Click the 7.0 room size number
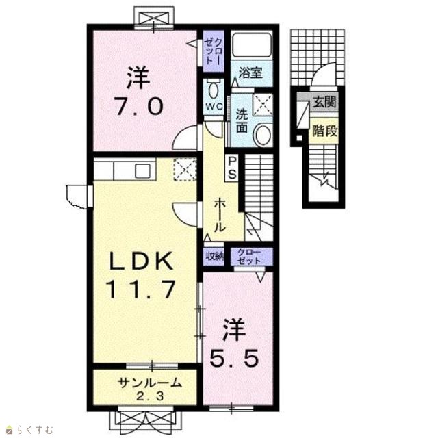[x=138, y=107]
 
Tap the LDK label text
[x=140, y=261]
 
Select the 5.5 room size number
[x=234, y=359]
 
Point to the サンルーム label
[x=150, y=383]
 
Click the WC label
[x=214, y=107]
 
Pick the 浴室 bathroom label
[x=250, y=73]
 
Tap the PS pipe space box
[x=232, y=168]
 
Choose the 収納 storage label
[x=215, y=256]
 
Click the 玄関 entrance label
[x=324, y=101]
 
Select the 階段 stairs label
[x=324, y=131]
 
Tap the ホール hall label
[x=220, y=214]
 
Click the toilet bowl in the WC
[x=214, y=88]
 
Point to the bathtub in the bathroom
[x=252, y=45]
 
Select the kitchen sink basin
[x=143, y=170]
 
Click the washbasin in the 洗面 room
[x=263, y=135]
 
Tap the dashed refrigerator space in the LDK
[x=185, y=170]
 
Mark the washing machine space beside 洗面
[x=263, y=105]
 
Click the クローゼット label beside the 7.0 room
[x=214, y=51]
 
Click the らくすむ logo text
[x=34, y=429]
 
